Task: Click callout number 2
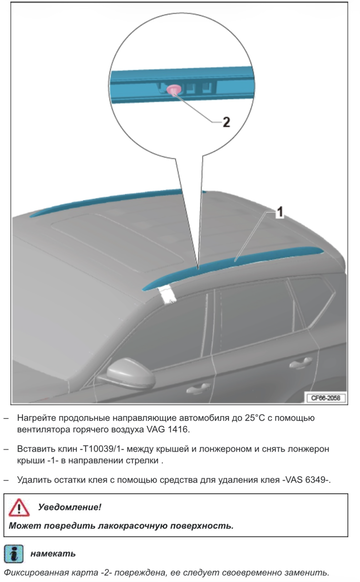[x=225, y=123]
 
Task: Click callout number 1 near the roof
[x=281, y=211]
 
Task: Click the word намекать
[x=53, y=553]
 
